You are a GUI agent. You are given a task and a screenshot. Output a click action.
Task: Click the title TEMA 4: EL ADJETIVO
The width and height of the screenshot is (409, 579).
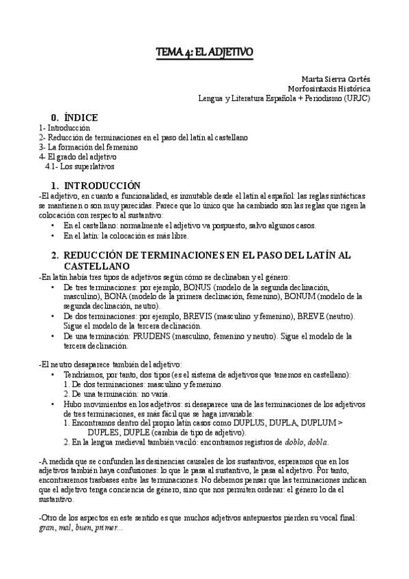pos(204,52)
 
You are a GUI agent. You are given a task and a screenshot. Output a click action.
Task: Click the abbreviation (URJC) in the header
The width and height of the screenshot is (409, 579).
pos(356,98)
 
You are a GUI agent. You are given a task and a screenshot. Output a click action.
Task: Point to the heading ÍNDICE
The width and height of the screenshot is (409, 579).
pos(80,117)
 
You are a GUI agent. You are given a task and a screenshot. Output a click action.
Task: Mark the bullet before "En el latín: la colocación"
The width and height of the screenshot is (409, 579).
pos(54,236)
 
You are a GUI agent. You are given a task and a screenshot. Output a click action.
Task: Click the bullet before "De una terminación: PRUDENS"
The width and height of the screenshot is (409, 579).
pos(54,336)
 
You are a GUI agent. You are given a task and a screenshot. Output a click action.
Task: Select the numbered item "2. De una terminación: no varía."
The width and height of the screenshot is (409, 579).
pos(112,394)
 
